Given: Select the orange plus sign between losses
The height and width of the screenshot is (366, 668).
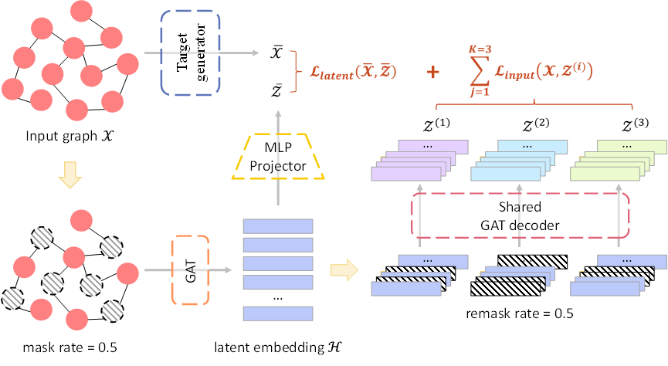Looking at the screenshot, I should [434, 72].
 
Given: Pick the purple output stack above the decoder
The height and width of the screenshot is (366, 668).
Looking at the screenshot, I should [421, 161].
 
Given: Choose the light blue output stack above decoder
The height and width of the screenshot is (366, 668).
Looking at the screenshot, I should [519, 161].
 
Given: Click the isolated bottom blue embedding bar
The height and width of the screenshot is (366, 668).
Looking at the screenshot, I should [278, 313].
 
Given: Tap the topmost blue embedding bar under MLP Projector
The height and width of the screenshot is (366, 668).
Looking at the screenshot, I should [278, 226].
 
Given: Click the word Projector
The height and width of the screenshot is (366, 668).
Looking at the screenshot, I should [278, 165].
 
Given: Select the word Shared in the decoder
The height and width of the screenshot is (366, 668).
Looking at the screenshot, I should [519, 207].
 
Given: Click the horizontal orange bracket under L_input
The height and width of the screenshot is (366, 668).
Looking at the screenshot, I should [534, 106].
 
